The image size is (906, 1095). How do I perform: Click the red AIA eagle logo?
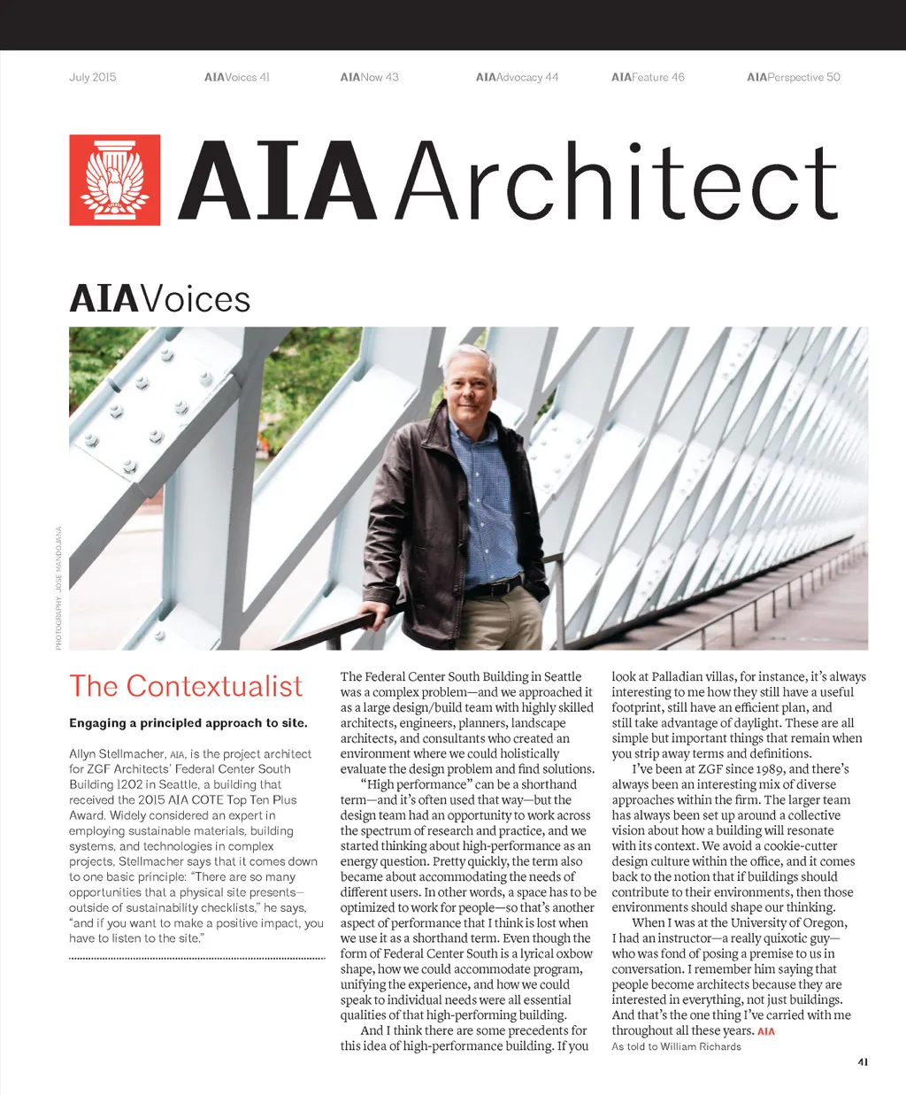pos(115,180)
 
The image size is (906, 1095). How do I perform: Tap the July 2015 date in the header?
pos(93,77)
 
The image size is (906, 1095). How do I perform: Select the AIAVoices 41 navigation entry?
pos(236,77)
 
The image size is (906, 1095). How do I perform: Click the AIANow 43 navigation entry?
pos(369,77)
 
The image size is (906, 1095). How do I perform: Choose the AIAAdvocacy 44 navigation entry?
pos(517,77)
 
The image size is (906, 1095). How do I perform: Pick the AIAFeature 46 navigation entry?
pos(648,77)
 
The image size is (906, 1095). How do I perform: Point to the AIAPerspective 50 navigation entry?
pos(793,77)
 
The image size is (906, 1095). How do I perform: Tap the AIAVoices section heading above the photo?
pos(160,299)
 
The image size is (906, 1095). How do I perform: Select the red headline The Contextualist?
pos(186,686)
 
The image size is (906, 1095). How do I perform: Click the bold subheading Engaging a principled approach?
pos(188,723)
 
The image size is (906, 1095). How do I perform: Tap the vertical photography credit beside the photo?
pos(58,589)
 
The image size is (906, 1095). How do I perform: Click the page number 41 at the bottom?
pos(863,1061)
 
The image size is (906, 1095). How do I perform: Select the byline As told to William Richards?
pos(676,1046)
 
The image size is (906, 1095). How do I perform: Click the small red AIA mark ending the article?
pos(766,1031)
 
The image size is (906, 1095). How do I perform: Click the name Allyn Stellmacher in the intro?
pos(117,754)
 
